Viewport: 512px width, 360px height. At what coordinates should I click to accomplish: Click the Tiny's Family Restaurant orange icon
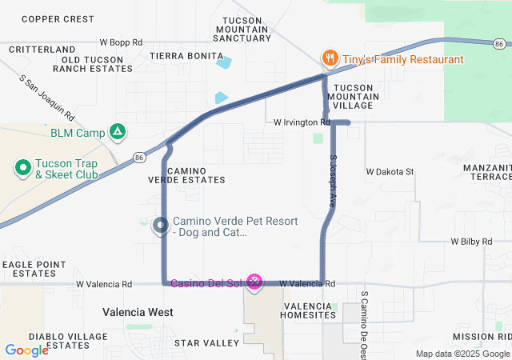pos(329,58)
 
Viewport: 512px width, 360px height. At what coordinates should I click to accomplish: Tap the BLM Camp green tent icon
pos(118,131)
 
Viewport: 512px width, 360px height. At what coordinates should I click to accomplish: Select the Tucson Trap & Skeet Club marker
pos(22,168)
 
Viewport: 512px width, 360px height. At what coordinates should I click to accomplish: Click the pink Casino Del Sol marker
pos(254,281)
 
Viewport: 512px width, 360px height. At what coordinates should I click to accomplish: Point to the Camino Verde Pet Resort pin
pos(160,226)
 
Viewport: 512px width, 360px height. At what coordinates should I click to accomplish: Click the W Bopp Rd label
pos(121,42)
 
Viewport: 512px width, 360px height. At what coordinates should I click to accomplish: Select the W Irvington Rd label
pos(302,122)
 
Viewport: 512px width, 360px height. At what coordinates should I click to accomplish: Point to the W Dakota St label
pos(390,171)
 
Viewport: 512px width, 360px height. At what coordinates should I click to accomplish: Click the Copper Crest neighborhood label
pos(58,18)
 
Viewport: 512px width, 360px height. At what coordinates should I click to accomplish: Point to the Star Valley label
pos(206,343)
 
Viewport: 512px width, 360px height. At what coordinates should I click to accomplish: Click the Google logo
pos(26,350)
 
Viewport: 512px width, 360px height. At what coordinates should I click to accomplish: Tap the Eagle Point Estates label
pos(34,268)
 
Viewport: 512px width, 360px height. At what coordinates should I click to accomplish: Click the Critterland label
pos(42,50)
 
